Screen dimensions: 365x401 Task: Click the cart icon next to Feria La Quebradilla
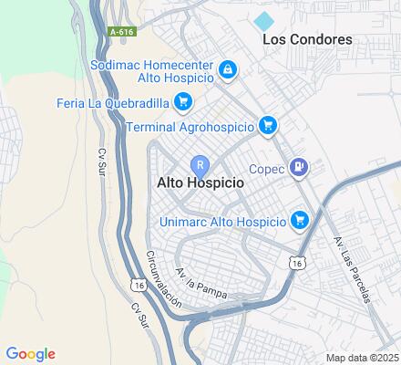pyautogui.click(x=182, y=100)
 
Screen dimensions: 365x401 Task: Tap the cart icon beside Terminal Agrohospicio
pyautogui.click(x=267, y=125)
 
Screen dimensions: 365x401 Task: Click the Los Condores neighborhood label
pyautogui.click(x=307, y=39)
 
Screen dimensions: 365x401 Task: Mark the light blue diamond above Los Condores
pyautogui.click(x=264, y=20)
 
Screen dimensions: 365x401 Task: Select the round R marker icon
pyautogui.click(x=200, y=165)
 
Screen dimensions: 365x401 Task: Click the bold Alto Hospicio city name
pyautogui.click(x=200, y=182)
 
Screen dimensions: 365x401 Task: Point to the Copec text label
pyautogui.click(x=265, y=168)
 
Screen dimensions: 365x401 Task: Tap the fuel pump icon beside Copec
pyautogui.click(x=298, y=168)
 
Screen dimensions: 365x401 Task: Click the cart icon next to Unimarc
pyautogui.click(x=300, y=220)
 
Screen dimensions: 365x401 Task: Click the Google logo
pyautogui.click(x=30, y=354)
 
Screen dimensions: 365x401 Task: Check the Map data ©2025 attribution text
pyautogui.click(x=363, y=358)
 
